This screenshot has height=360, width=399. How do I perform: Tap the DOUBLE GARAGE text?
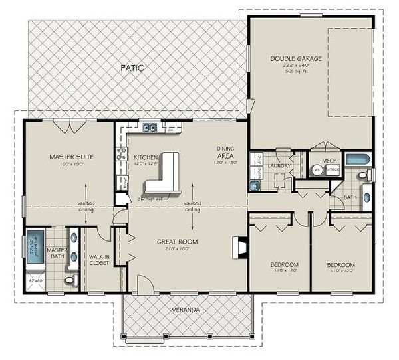click(296, 58)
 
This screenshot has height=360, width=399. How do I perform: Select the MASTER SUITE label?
click(70, 157)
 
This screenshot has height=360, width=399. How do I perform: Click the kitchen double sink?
click(150, 128)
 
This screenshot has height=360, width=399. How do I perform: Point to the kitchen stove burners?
click(122, 155)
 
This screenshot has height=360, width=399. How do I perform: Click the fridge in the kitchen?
click(122, 182)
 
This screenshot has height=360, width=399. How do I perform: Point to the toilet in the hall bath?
click(365, 176)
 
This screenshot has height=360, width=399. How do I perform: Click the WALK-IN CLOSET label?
click(100, 259)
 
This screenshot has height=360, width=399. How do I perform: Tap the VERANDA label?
click(185, 310)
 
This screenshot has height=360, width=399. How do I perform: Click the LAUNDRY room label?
click(275, 166)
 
